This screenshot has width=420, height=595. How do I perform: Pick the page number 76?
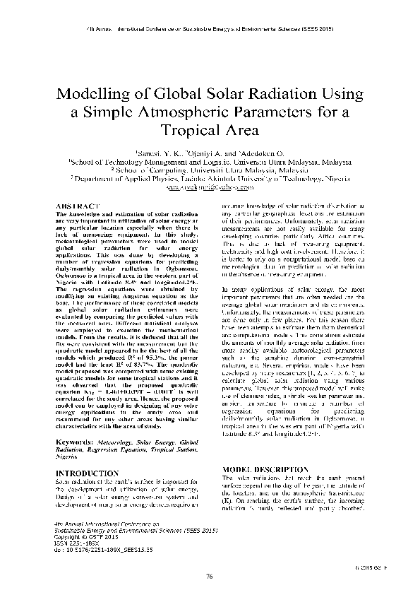(210, 577)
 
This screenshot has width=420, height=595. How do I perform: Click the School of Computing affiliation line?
(210, 170)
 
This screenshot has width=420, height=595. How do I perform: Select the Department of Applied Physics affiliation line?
(210, 179)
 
